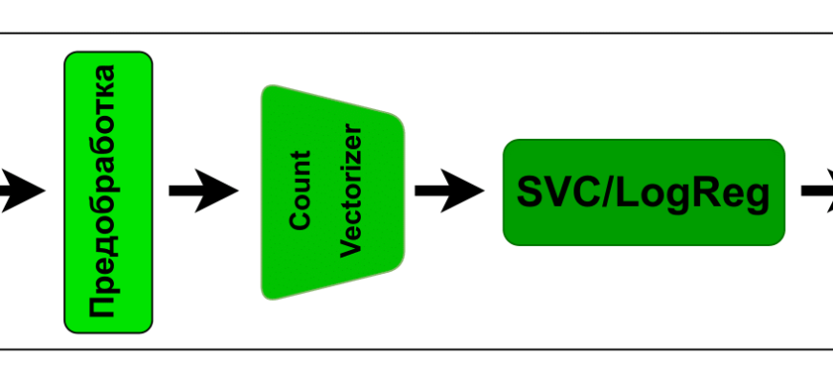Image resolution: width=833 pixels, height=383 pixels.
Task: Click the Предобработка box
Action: click(x=107, y=191)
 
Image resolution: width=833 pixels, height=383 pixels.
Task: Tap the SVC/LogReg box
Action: click(x=643, y=192)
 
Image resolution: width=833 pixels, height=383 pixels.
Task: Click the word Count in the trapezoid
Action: click(x=302, y=189)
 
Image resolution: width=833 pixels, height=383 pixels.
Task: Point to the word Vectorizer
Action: click(x=351, y=190)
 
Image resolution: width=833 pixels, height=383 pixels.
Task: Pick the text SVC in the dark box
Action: click(x=549, y=192)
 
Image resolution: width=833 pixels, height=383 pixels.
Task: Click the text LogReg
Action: click(x=688, y=192)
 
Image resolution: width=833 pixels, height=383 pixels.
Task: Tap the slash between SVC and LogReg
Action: click(x=597, y=192)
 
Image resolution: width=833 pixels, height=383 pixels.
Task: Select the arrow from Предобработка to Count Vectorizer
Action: click(x=203, y=191)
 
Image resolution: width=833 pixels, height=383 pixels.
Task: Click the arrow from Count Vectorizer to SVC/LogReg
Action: click(x=449, y=191)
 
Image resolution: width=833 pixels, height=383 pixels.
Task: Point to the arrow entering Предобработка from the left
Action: click(x=21, y=191)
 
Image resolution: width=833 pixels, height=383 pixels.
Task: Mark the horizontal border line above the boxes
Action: click(x=416, y=34)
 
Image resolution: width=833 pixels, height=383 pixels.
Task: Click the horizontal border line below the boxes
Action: click(x=416, y=349)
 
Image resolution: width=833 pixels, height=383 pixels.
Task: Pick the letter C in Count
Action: click(x=302, y=220)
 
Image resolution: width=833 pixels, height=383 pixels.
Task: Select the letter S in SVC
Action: click(x=529, y=192)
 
